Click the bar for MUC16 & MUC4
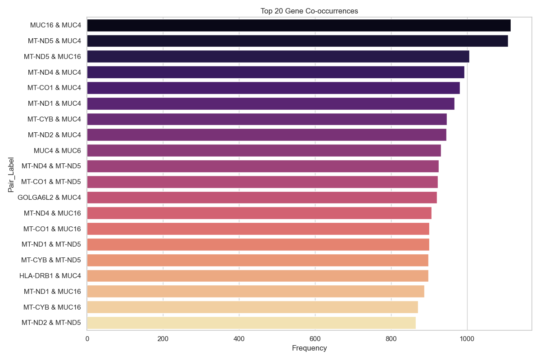pos(298,25)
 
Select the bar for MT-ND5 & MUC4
pos(297,41)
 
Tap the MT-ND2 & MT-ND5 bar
pos(251,323)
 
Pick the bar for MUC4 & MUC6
pos(264,150)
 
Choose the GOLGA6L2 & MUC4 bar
pos(261,198)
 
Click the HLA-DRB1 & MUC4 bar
pos(257,276)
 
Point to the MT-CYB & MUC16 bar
pos(252,307)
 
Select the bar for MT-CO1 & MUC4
pos(273,88)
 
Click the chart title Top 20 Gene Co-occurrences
pos(309,11)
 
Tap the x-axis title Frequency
pos(309,348)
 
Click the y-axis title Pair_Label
pos(11,175)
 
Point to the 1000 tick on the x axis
pos(467,338)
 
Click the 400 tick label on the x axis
pos(239,338)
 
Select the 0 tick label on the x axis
pos(87,338)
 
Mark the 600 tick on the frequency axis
pos(315,338)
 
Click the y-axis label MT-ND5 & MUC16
pos(52,57)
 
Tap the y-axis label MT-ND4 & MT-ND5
pos(51,166)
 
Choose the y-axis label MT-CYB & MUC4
pos(54,119)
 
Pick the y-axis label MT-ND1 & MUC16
pos(52,292)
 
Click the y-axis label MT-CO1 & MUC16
pos(52,229)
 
